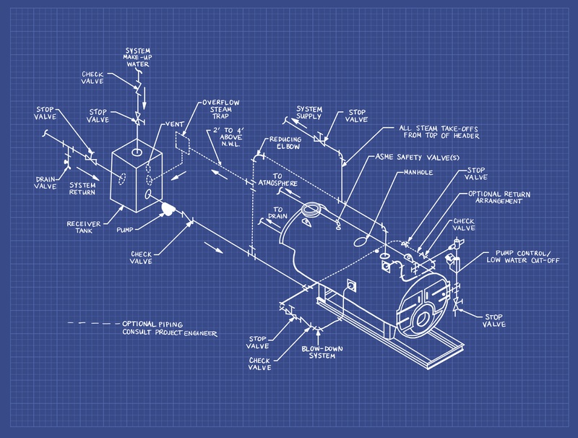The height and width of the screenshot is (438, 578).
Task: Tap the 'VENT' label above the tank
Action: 175,124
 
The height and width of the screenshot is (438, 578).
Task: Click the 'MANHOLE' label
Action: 418,173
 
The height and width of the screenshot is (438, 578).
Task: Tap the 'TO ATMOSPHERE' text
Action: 277,181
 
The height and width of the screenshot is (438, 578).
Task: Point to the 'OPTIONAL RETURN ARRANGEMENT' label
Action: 506,198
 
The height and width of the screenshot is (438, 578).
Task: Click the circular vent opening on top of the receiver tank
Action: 137,153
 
